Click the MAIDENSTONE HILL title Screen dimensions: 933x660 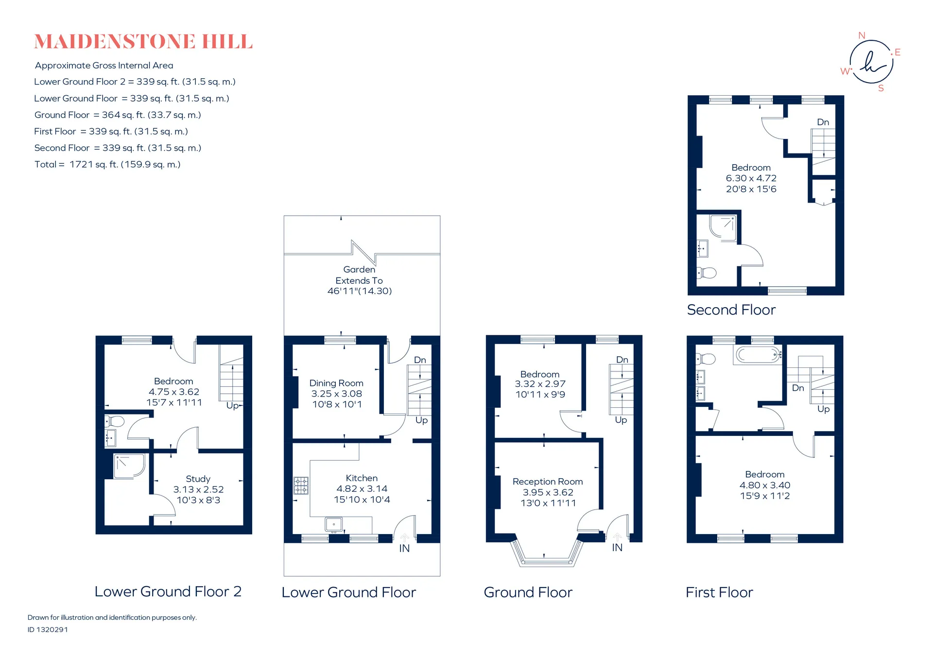143,42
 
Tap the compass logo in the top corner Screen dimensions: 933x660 871,62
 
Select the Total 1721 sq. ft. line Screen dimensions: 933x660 107,164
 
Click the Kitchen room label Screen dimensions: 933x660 362,478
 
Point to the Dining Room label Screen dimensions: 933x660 336,383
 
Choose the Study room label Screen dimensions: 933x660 198,479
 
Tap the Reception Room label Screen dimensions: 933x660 548,482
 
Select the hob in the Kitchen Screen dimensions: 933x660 301,486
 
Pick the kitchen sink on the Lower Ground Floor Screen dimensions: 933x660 333,525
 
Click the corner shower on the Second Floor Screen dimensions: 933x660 723,228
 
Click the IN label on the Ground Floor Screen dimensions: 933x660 617,548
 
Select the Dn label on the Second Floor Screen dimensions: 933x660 823,122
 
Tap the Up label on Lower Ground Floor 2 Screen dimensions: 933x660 232,406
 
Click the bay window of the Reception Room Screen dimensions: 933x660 547,552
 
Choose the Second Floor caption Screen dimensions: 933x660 731,310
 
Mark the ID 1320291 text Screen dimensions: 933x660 48,629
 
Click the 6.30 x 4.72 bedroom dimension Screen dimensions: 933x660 751,178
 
